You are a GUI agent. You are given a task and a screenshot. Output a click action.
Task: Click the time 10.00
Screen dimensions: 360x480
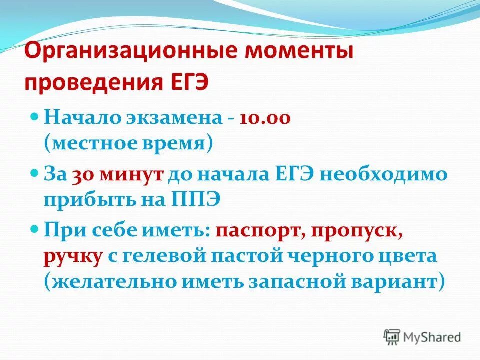264,119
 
